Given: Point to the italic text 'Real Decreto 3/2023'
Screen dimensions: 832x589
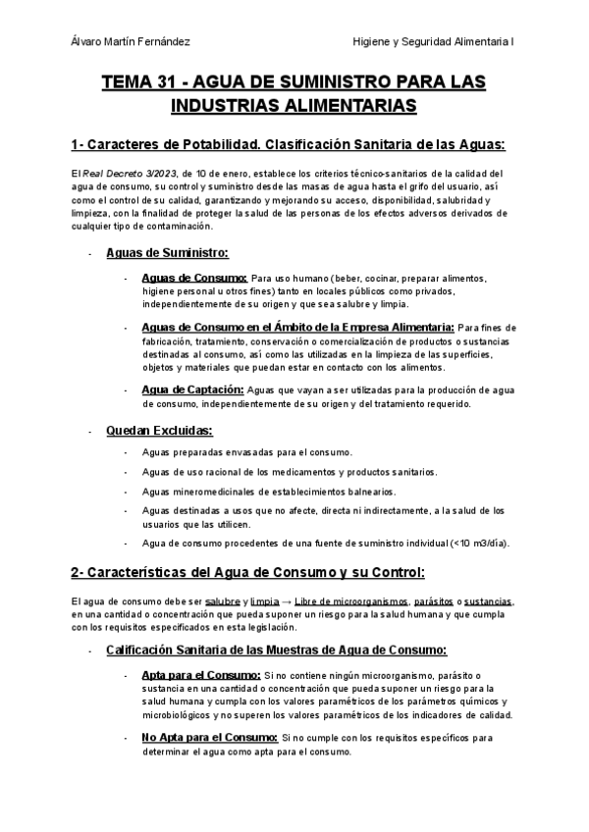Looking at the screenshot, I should [121, 173].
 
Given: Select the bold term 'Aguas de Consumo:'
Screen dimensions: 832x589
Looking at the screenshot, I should [194, 279].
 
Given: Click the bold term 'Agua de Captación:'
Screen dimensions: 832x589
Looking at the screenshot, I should [191, 390].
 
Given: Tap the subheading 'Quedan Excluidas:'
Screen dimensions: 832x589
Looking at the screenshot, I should [158, 431].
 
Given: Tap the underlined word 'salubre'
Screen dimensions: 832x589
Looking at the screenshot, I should [224, 600].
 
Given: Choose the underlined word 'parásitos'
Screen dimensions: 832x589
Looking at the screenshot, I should [433, 600].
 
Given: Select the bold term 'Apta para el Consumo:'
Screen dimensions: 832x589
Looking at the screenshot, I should [201, 676].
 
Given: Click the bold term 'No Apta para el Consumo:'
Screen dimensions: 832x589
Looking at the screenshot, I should [209, 738].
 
